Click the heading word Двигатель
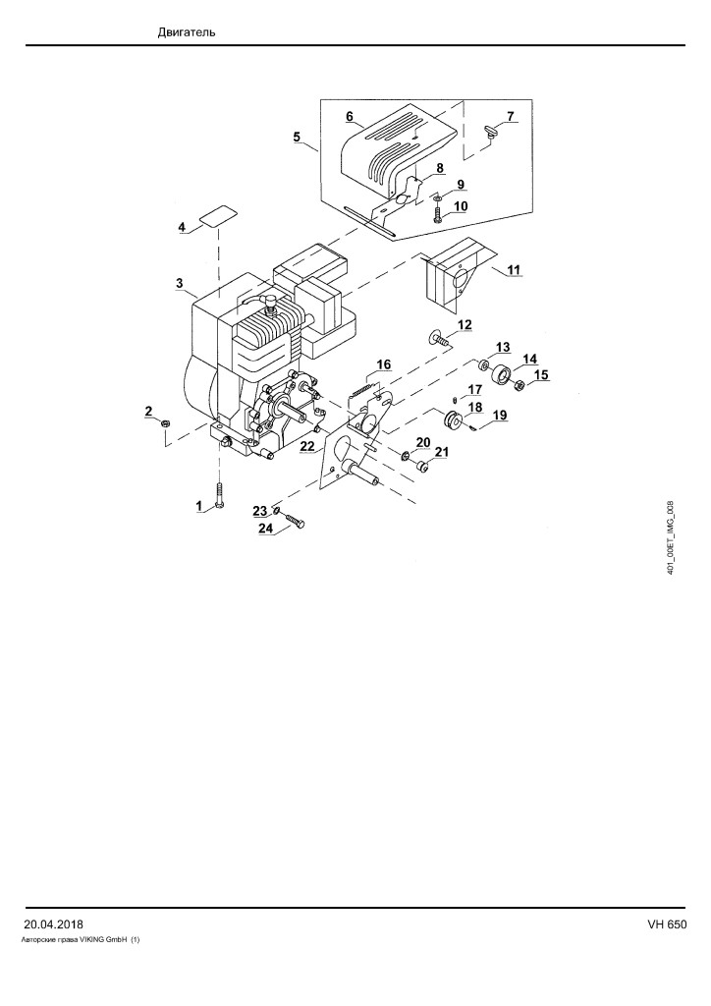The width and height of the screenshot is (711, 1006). click(x=187, y=32)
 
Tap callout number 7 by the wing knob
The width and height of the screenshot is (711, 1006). click(x=511, y=116)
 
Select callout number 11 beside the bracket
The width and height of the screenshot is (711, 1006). click(x=514, y=269)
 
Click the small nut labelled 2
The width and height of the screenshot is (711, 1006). click(x=165, y=422)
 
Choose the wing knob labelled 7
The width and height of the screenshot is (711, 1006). click(x=490, y=133)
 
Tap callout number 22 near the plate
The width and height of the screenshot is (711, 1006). click(x=307, y=446)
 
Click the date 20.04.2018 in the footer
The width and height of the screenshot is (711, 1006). click(x=53, y=924)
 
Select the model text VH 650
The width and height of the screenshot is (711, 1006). click(x=667, y=924)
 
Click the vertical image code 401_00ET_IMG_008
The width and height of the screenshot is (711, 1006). click(x=670, y=537)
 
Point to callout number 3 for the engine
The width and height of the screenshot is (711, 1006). click(x=180, y=283)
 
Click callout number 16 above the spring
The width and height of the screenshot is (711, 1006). click(x=383, y=364)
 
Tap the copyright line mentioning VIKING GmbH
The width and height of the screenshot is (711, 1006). click(x=82, y=940)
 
